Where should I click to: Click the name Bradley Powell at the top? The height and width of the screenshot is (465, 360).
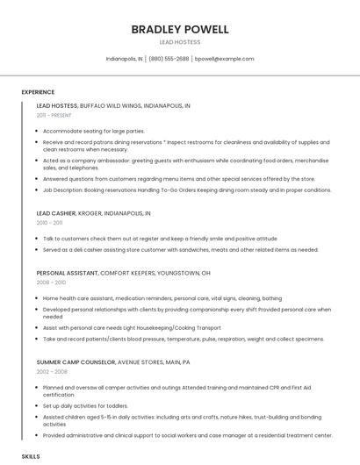click(179, 29)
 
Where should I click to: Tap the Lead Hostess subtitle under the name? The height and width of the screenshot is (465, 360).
click(179, 42)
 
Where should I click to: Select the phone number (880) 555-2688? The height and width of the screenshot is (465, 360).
click(169, 59)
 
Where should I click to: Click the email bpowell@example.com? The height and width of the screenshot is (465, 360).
click(224, 59)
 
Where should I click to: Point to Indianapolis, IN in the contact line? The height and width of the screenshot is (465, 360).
click(124, 59)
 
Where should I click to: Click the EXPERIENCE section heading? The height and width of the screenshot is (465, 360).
click(38, 91)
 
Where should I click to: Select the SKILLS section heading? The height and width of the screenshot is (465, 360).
click(31, 457)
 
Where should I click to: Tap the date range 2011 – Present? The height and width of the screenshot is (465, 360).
click(54, 115)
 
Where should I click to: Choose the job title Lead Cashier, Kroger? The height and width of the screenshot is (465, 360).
click(93, 213)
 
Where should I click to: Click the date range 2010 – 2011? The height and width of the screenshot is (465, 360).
click(50, 223)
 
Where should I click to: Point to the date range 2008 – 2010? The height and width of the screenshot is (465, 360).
click(51, 283)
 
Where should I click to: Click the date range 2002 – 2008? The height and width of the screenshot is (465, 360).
click(51, 371)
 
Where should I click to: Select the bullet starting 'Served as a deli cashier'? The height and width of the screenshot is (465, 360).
click(180, 248)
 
